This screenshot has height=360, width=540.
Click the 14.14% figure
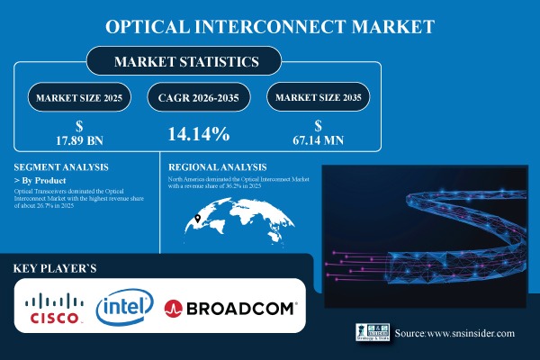[x=198, y=135]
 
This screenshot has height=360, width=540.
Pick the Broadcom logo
[x=231, y=308]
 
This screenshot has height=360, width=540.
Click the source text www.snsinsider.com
[x=454, y=333]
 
